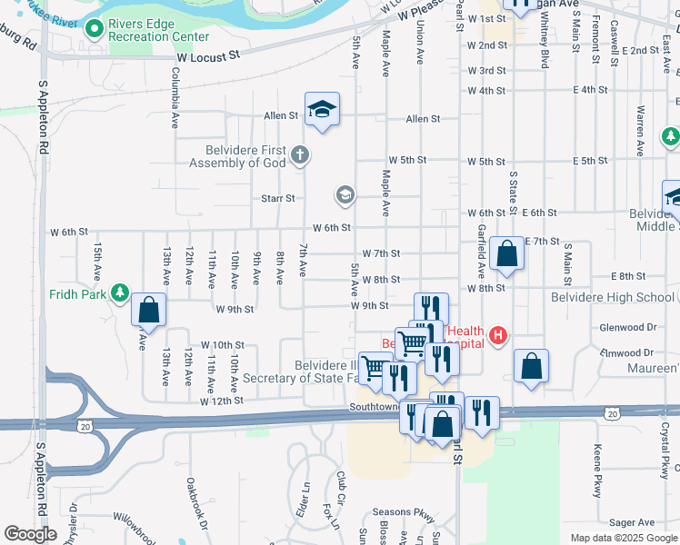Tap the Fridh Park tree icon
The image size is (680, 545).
pos(119,292)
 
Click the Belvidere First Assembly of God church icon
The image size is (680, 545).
pos(301,155)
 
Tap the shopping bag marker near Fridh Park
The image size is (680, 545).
pos(149,311)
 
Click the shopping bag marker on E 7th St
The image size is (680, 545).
pos(506,255)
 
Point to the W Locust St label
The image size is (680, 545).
pos(207,55)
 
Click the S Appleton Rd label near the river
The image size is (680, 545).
pos(42,126)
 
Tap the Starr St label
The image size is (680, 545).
pos(278,198)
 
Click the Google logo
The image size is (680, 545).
pos(31,534)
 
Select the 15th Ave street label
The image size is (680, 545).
pos(97,263)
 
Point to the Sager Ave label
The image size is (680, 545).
pos(633,522)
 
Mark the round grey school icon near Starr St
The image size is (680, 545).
pos(345,194)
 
